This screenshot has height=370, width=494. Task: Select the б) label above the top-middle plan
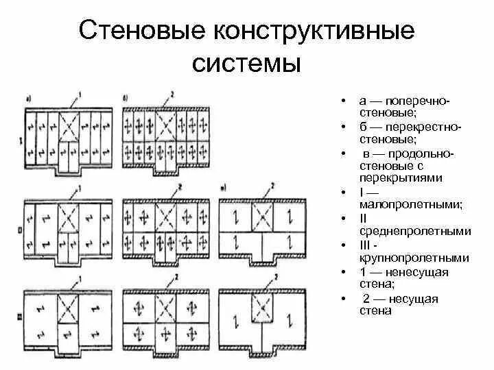[x=126, y=100]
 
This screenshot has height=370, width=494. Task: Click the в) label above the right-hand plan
[x=224, y=187]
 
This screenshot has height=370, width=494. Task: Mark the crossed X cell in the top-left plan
[x=70, y=126]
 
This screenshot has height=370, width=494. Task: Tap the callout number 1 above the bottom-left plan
[x=81, y=278]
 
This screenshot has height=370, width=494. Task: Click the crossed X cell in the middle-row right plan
[x=261, y=217]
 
